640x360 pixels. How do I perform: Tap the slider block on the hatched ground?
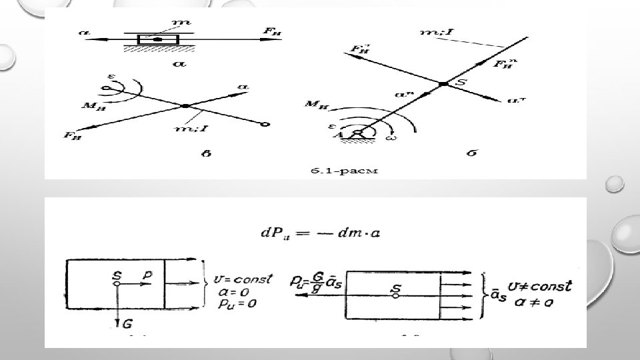tap(158, 40)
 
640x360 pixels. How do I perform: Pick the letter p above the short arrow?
tap(148, 274)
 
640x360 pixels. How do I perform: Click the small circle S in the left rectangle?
tap(117, 283)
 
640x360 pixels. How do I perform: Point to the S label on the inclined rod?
tap(459, 80)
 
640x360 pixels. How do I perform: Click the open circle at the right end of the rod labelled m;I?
tap(265, 124)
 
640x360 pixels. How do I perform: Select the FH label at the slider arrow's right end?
tap(271, 31)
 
